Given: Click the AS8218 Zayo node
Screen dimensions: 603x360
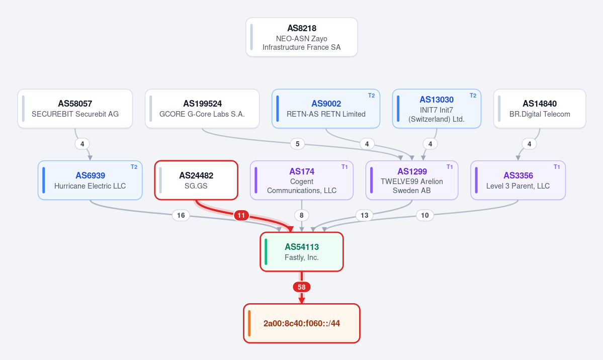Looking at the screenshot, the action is point(302,37).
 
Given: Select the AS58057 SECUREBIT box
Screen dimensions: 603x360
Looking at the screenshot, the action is point(75,109).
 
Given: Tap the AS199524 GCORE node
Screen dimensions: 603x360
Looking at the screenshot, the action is point(202,109).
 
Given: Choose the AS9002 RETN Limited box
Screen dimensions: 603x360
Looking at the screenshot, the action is point(326,109).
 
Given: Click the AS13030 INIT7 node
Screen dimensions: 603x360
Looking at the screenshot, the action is point(437,109).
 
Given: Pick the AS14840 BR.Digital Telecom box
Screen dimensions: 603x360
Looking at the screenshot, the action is point(540,109).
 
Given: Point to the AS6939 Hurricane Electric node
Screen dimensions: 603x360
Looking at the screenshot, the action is point(90,181).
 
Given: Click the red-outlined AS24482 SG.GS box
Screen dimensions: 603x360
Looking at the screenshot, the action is point(196,181).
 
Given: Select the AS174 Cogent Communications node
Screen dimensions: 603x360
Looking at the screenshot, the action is point(302,181).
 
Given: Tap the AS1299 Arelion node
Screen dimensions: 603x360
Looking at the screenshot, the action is point(412,181).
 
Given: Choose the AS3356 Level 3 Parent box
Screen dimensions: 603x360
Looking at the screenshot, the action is point(518,181).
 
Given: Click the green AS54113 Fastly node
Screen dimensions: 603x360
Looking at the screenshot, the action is point(302,252).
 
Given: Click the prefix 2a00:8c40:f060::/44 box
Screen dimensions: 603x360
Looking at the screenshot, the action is point(302,323).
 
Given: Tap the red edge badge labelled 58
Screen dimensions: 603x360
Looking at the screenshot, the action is point(302,287).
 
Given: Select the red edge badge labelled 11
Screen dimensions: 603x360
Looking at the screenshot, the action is point(241,215).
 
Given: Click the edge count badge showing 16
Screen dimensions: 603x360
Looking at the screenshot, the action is point(181,215).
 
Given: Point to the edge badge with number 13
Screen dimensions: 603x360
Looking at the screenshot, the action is point(364,215).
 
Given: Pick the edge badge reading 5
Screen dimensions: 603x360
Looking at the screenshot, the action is point(297,144).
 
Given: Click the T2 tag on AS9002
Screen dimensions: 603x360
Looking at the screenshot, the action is point(371,96).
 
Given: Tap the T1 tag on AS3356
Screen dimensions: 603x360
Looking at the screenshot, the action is point(556,167).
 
